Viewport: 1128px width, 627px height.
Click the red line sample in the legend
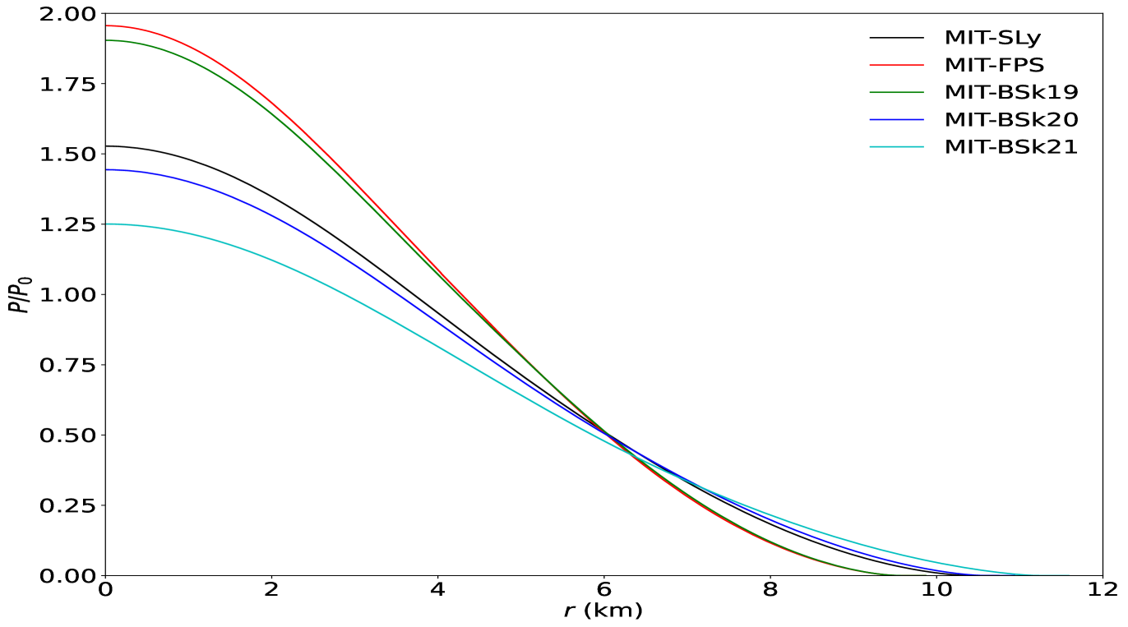896,65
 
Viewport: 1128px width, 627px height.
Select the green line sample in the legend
896,92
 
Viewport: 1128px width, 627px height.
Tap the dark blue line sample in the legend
896,120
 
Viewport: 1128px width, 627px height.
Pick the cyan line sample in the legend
896,147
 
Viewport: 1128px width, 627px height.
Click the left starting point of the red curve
107,25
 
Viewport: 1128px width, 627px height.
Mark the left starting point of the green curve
107,40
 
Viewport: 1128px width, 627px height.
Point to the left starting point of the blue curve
107,170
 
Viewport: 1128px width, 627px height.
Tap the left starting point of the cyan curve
107,224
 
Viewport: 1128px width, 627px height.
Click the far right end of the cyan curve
1069,574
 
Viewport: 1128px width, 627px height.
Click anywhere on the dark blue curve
329,246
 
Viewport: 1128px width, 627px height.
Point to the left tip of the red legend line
870,65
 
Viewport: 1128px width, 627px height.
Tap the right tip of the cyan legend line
923,147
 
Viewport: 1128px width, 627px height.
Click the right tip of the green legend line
923,92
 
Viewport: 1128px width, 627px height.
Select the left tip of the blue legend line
870,120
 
